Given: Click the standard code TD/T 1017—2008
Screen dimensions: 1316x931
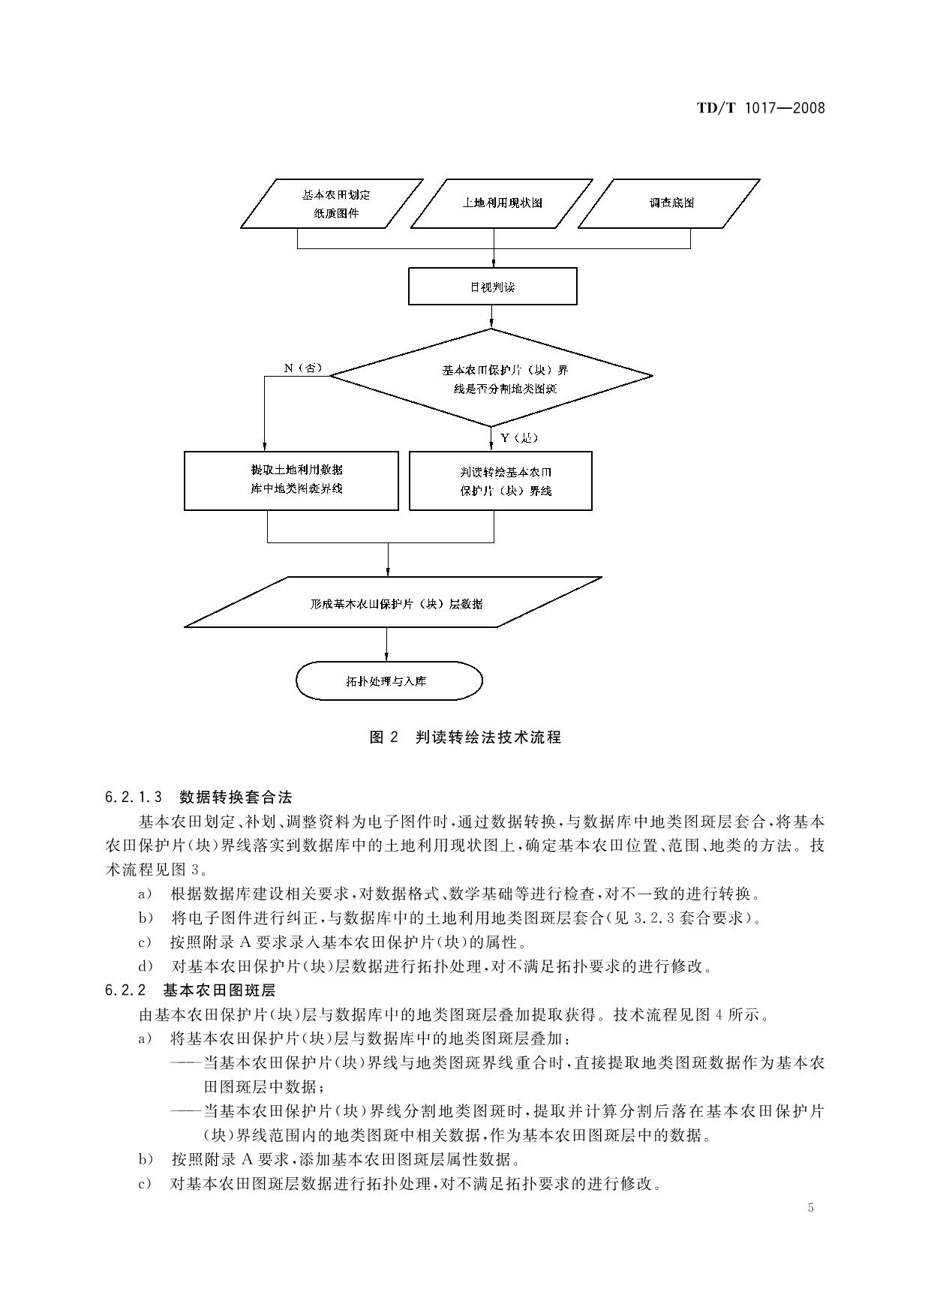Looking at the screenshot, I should (x=760, y=108).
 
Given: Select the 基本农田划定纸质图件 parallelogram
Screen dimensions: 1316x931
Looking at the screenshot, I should (x=332, y=203).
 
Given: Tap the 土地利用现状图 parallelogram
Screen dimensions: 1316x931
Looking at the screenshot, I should (x=501, y=203).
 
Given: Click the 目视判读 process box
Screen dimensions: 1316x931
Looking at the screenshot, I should (x=493, y=287).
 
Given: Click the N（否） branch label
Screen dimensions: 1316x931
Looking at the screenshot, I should (x=302, y=368).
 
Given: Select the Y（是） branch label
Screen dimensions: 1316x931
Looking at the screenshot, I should (x=518, y=437).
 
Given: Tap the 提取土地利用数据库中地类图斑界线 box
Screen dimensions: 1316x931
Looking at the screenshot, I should (x=291, y=480).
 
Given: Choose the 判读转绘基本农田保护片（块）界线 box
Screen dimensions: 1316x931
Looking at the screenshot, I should (x=500, y=481).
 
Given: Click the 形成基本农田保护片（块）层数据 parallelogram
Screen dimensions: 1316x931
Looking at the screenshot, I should (x=394, y=603).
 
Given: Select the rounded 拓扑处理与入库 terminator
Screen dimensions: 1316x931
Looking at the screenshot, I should (x=389, y=681).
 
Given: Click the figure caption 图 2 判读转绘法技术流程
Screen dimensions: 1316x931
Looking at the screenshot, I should (x=465, y=737).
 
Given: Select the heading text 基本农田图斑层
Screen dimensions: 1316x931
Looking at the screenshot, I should (x=219, y=990).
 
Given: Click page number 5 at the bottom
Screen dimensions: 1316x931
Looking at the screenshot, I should (x=810, y=1207).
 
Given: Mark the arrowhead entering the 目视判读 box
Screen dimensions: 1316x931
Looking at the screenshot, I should (x=494, y=263).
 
